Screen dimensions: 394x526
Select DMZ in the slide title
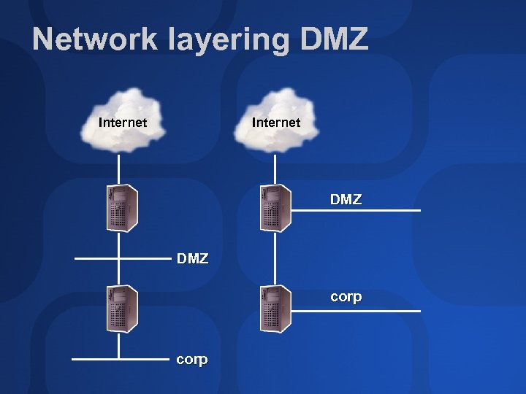(x=333, y=39)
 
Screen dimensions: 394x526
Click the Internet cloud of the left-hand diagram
(x=123, y=120)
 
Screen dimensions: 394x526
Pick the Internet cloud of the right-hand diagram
(x=275, y=120)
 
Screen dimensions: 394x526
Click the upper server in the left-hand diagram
(x=121, y=208)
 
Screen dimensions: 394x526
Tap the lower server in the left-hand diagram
(x=121, y=309)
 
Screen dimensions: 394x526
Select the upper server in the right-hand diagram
(x=275, y=208)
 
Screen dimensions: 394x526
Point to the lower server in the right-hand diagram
(x=275, y=308)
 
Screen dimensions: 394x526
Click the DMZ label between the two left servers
(x=192, y=258)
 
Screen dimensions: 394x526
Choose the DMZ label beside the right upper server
(x=346, y=199)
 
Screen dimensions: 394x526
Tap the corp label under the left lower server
(x=192, y=360)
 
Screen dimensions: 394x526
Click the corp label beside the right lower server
(x=346, y=298)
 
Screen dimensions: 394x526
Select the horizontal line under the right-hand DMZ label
(x=358, y=211)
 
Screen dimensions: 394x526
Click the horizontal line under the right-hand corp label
(x=358, y=312)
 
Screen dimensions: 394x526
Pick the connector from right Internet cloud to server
(x=275, y=168)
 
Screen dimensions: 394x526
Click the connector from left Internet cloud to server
(x=121, y=168)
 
